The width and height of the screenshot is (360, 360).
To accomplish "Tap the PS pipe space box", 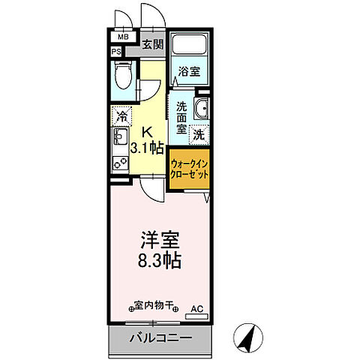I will (116, 52).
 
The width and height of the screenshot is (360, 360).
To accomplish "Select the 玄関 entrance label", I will (153, 44).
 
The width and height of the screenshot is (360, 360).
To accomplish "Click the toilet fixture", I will (124, 76).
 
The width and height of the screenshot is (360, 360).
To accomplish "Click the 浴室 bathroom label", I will (189, 72).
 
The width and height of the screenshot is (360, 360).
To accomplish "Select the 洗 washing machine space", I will (199, 135).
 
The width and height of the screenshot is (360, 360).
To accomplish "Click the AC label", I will (196, 308).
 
